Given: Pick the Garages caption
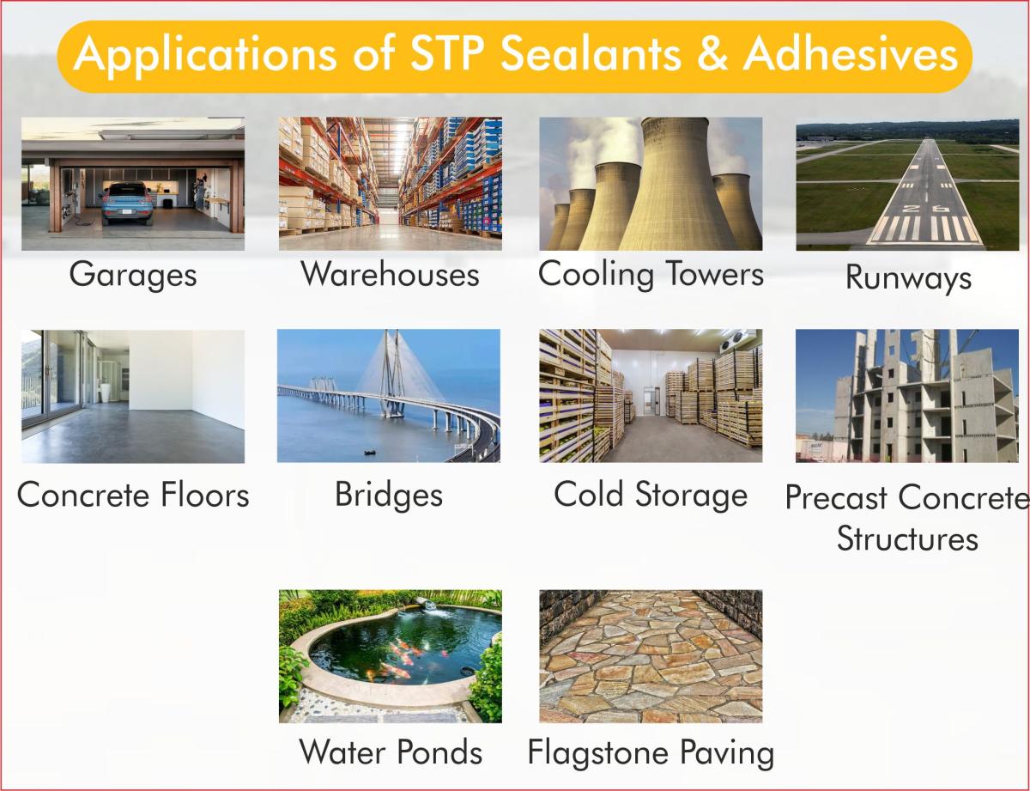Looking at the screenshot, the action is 133,276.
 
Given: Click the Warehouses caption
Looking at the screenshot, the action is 390,274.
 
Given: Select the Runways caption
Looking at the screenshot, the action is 909,278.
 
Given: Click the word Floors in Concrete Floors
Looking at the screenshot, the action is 205,495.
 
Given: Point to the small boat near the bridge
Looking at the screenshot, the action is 370,453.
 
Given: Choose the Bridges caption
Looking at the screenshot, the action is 389,495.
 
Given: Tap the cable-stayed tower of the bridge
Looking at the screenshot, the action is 391,374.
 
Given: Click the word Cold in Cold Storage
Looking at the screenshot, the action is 588,494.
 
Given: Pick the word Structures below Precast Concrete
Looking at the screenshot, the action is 907,538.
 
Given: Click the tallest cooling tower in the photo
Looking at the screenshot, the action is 677,185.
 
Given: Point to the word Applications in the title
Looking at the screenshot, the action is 205,56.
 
